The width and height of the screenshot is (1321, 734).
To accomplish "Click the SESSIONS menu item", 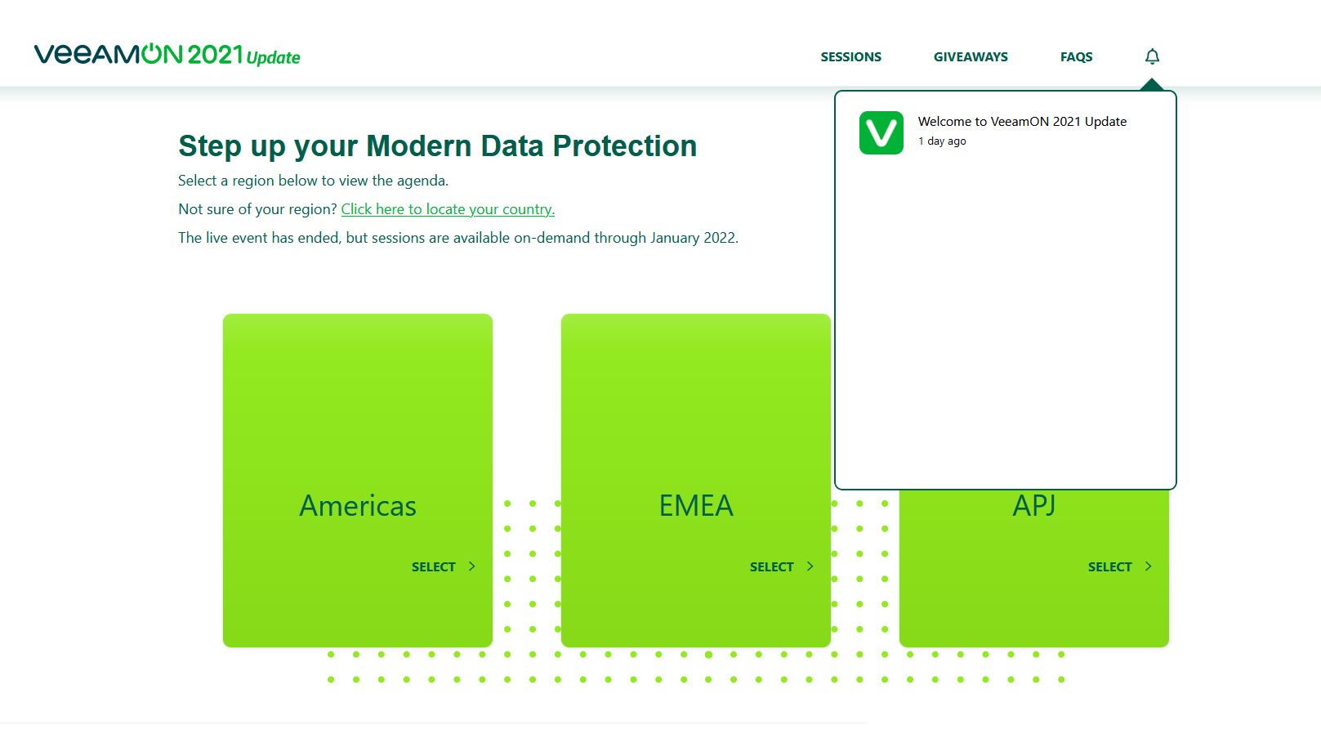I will pos(850,57).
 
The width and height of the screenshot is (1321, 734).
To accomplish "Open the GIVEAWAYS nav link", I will pos(971,57).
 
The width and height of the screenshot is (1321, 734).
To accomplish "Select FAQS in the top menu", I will pos(1076,57).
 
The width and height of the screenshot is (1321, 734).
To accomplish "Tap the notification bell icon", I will pos(1152,56).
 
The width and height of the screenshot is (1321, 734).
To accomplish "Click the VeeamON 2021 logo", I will pos(138,54).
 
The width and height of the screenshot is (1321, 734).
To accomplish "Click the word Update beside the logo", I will pos(273,58).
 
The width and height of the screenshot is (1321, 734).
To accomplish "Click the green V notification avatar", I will pos(881,132).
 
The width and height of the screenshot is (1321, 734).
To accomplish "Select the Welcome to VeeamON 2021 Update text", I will pos(1021,122).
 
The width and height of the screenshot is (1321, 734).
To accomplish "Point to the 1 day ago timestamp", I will pos(942,141).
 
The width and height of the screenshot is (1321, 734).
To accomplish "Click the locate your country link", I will pos(448,209).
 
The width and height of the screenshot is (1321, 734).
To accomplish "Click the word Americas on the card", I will pos(358,506).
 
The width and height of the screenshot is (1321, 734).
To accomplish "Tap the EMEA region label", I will pos(696,506).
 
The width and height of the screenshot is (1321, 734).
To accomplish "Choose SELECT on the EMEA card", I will pos(771,567).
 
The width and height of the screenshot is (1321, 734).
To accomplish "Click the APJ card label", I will pos(1034,506).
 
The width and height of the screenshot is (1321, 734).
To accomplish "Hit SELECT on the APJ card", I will pos(1109,567).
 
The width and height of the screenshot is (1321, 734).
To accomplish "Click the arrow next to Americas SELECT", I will pos(471,566).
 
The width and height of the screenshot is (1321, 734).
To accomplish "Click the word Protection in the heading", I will pos(624,146).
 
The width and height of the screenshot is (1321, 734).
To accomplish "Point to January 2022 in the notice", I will pos(693,238).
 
